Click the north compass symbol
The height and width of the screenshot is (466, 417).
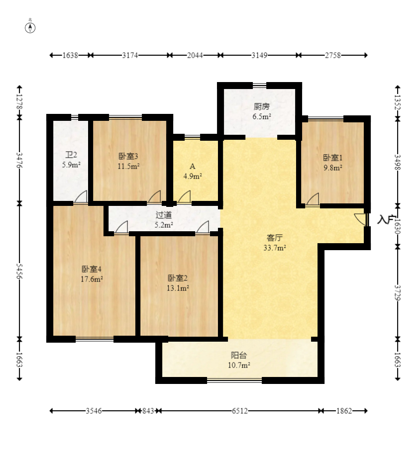coord(30,28)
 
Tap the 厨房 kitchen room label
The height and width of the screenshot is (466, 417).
coord(262,106)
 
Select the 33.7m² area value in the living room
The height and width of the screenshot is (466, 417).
coord(275,248)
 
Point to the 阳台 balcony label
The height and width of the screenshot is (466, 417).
coord(239,355)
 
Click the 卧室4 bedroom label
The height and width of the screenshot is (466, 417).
coord(92,269)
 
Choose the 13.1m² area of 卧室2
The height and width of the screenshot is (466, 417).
coord(178,288)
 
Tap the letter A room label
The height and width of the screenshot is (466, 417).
coord(193,166)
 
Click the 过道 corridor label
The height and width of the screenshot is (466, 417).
coord(164,215)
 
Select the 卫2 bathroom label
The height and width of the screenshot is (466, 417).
coord(71,155)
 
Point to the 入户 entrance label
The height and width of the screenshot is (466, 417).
coord(386,219)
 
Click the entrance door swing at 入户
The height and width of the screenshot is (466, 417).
coord(361,219)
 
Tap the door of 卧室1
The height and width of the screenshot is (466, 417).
coord(313,199)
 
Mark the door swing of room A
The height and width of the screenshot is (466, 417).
coord(185,197)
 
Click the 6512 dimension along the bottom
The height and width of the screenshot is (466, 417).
coord(240,411)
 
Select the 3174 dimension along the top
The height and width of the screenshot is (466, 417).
coord(130,55)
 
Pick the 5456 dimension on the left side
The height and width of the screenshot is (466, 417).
coord(19,271)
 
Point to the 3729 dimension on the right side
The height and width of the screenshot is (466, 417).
coord(398,293)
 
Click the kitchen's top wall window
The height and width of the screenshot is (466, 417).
coord(260,86)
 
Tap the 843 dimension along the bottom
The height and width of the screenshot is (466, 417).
coord(148,411)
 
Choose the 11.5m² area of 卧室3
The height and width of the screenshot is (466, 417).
coord(128,166)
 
